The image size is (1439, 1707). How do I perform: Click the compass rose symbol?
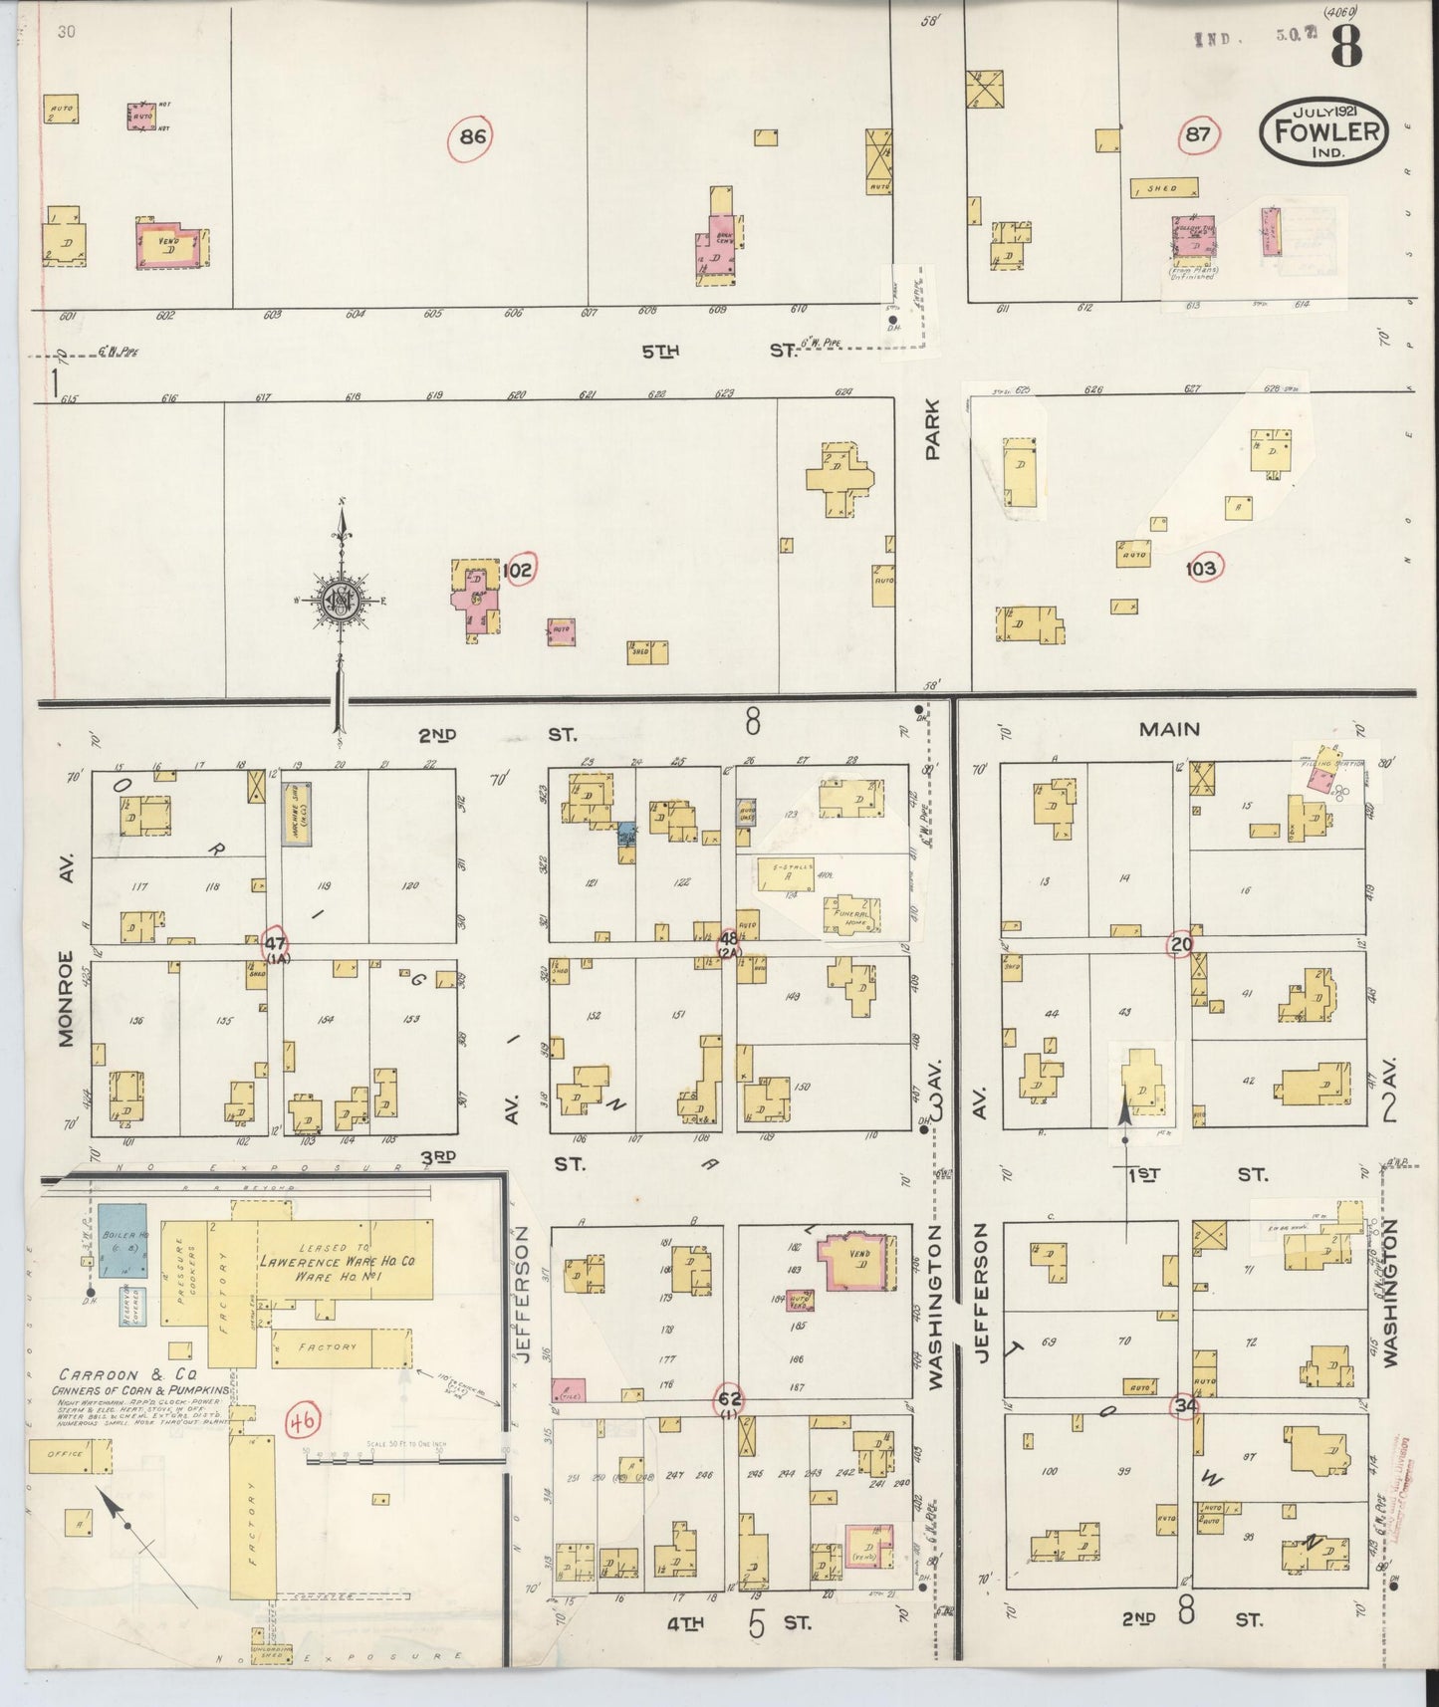[x=342, y=601]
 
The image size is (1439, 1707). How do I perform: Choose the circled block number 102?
[x=519, y=570]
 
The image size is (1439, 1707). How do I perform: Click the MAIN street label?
[x=1170, y=729]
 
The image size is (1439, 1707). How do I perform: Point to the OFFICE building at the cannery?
[x=64, y=1455]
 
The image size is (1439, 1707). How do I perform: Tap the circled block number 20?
[x=1181, y=942]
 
